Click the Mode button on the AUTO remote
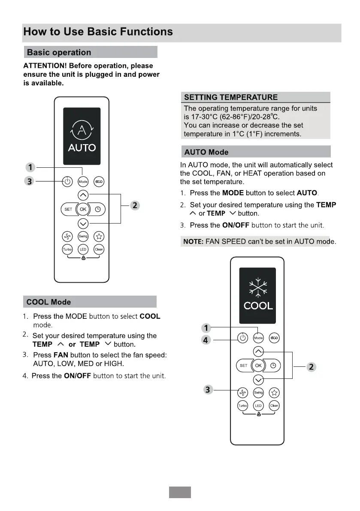83,181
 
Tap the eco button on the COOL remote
274,338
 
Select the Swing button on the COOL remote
258,393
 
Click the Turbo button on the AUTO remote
67,249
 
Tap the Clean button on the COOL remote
274,405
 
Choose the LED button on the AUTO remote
83,249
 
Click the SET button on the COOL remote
244,366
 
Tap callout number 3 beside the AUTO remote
29,181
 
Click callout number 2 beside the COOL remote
312,366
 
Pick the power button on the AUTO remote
67,181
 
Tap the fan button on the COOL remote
243,393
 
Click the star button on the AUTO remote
99,236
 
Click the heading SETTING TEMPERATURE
231,97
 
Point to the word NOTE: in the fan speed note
193,242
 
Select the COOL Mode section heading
48,302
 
